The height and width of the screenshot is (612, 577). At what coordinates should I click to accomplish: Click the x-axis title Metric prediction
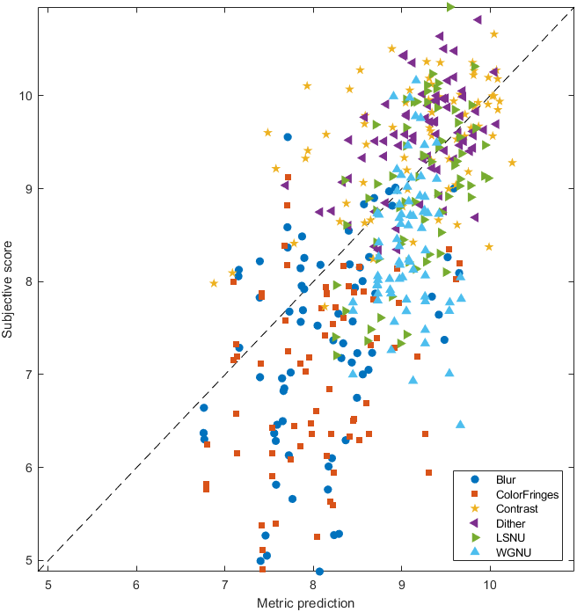coord(306,603)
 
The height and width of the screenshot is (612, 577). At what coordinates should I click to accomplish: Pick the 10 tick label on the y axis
coord(26,95)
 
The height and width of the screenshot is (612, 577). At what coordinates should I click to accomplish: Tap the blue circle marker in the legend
coord(475,480)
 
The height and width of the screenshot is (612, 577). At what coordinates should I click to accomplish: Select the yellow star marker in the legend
coord(475,508)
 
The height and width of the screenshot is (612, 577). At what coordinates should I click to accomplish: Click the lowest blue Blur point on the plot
coord(319,572)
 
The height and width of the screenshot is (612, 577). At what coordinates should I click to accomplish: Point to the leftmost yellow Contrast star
coord(214,283)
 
